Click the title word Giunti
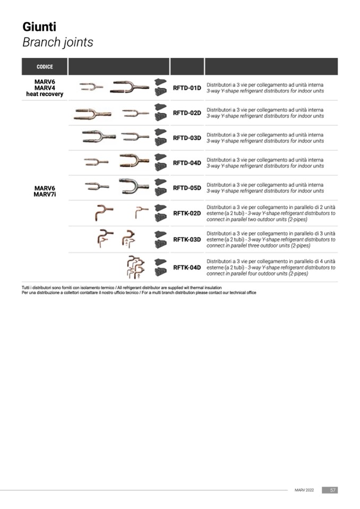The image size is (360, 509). [39, 27]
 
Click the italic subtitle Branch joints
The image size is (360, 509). [58, 42]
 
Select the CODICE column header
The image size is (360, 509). [45, 66]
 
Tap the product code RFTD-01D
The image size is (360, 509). [187, 88]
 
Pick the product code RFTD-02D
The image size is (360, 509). [187, 113]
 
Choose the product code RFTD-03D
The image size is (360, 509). [187, 138]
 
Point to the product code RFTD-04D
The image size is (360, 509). [187, 163]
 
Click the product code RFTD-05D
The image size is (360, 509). [187, 188]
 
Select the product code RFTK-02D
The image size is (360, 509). [187, 213]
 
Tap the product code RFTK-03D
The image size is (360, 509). [187, 239]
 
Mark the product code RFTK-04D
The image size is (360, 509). [187, 268]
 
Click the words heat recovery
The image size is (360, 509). [45, 94]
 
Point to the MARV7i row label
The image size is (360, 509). [45, 194]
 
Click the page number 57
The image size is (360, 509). [333, 490]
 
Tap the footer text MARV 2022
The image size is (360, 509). [304, 490]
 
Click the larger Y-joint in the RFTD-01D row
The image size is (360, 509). [130, 87]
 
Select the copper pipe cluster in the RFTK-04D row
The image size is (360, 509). [135, 267]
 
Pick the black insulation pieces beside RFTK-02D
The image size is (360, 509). [160, 213]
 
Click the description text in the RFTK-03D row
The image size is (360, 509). [271, 239]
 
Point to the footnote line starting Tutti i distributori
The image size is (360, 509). [122, 288]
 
